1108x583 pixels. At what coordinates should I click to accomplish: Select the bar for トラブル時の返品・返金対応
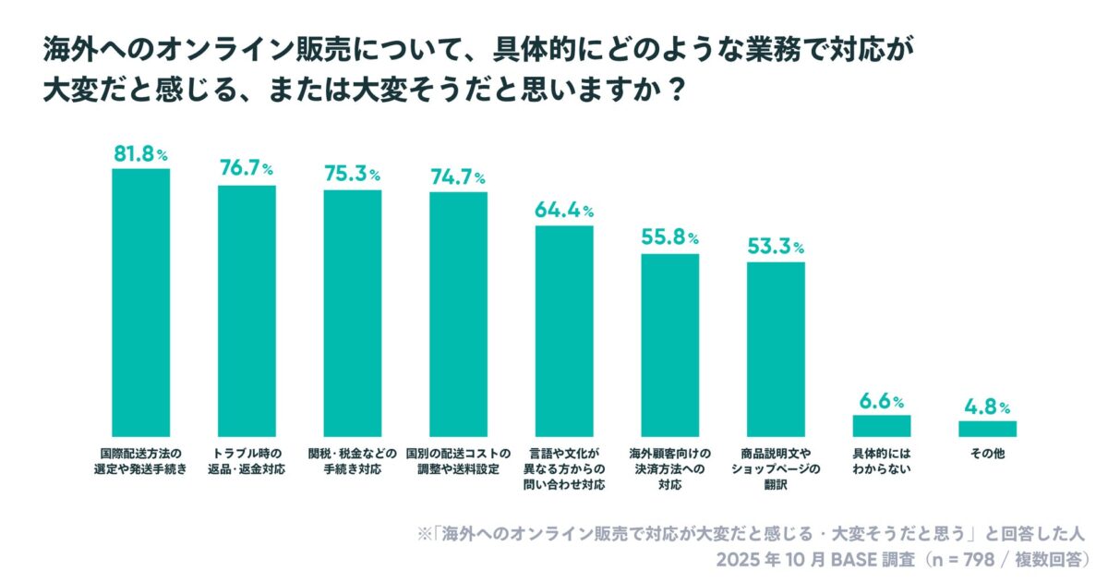[247, 310]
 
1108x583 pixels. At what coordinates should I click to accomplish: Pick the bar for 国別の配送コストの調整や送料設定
[458, 314]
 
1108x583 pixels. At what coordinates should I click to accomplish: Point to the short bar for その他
[987, 429]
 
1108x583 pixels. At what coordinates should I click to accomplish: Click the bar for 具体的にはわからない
[881, 426]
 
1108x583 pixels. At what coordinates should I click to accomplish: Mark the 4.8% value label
[987, 407]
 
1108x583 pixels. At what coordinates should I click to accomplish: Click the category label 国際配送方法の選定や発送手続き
[140, 461]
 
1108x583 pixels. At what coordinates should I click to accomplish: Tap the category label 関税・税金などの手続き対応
[352, 461]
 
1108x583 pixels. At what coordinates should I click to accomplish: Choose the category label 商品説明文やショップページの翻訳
[776, 461]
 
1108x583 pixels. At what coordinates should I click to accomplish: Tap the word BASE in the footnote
[839, 561]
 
